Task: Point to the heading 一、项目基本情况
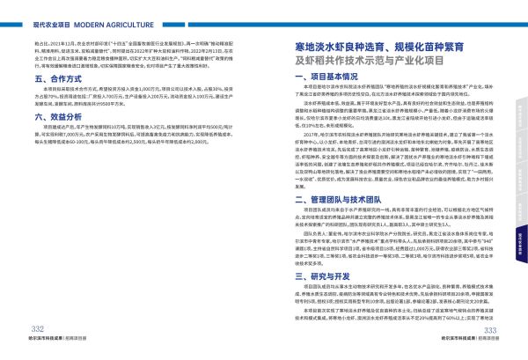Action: click(325, 77)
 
